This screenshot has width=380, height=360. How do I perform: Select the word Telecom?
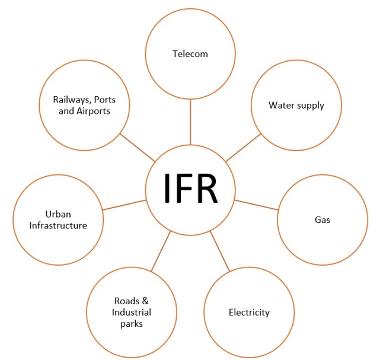[x=190, y=54]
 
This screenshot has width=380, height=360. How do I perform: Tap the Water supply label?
[x=296, y=106]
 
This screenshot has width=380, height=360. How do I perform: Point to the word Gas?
[x=322, y=220]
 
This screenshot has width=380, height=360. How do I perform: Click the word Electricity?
[x=249, y=312]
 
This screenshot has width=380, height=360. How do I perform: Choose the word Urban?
[x=58, y=214]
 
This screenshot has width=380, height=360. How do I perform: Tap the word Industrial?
[x=131, y=313]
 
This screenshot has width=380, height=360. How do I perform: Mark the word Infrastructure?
[x=58, y=225]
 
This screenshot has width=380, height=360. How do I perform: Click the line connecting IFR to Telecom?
[x=190, y=122]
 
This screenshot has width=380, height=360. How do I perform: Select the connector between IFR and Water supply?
[x=244, y=147]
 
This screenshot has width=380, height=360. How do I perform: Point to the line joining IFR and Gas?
[x=256, y=205]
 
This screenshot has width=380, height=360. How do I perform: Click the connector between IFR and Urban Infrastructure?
[x=124, y=205]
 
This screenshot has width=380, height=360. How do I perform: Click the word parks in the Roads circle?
[x=131, y=324]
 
